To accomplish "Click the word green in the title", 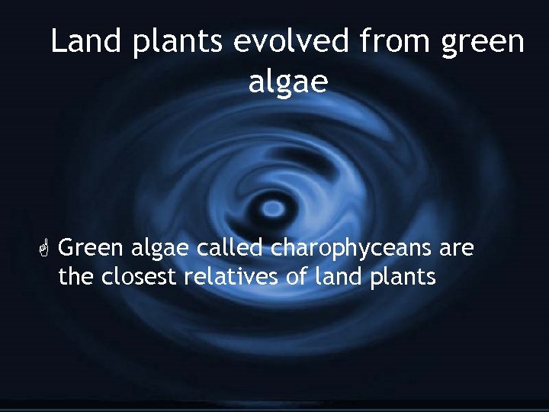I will (x=483, y=43).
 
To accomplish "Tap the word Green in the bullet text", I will (x=91, y=249).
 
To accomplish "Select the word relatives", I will (x=231, y=276).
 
